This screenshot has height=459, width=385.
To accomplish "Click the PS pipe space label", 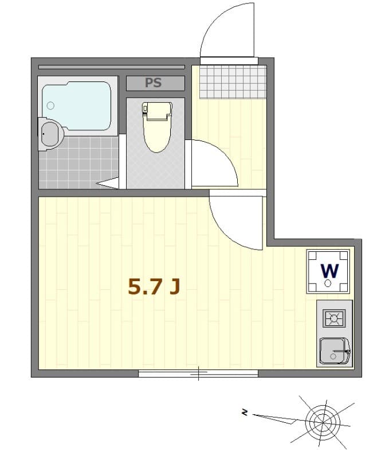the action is coord(154,83).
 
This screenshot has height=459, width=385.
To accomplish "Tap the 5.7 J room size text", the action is coord(154,286).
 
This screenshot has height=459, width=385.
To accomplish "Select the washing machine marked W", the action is coord(328,271).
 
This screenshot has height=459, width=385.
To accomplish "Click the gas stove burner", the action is coord(334,318).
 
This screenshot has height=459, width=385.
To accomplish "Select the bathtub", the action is coord(77,106).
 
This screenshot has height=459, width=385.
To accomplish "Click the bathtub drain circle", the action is coord(50,106).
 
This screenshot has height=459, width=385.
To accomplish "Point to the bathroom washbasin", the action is coord(50,134).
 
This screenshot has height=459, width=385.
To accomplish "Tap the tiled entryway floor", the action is coord(233,82).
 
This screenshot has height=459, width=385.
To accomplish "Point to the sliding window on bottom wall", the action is coord(198,374).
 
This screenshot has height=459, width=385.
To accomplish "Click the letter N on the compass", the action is coord(245,413).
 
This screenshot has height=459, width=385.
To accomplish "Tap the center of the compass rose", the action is coord(323,422).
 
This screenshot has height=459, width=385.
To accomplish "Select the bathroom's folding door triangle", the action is coord(108,183).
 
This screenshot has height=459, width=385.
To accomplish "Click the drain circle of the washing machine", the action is coord(328,283).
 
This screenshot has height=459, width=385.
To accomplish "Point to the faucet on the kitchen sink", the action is coord(341,351).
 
